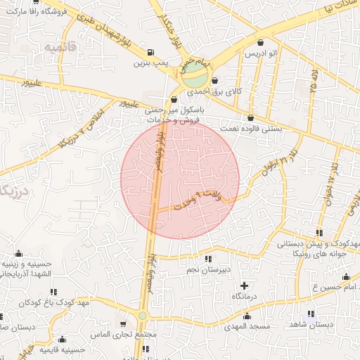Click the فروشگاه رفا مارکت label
pos(37,12)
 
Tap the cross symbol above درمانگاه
pos(244,285)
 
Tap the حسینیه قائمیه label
pos(62,349)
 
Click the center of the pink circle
pos(180,179)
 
